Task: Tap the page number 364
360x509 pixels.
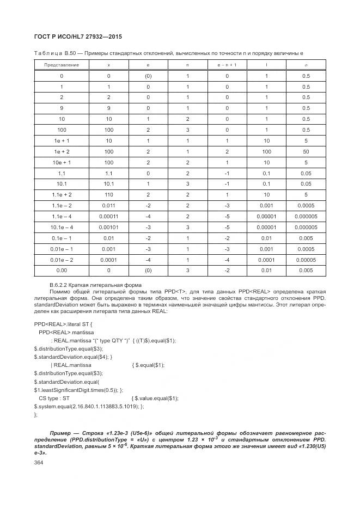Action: (x=39, y=462)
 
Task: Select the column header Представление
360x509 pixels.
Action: (x=62, y=65)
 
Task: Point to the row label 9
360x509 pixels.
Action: (x=62, y=108)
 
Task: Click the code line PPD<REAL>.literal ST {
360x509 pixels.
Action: (x=63, y=323)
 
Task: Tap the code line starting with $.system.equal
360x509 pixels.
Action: (x=87, y=406)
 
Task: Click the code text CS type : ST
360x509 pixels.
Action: (x=56, y=398)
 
